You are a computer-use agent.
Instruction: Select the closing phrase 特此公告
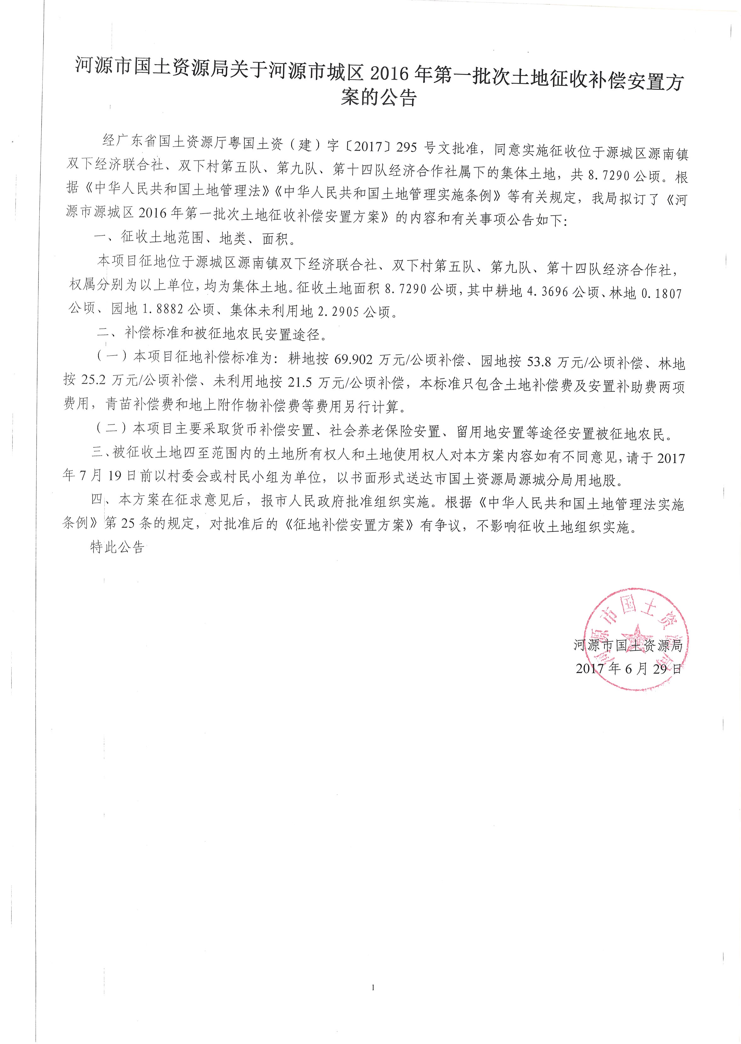(117, 547)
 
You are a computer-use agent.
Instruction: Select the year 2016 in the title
(391, 74)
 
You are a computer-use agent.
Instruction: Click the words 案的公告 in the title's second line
(379, 96)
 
